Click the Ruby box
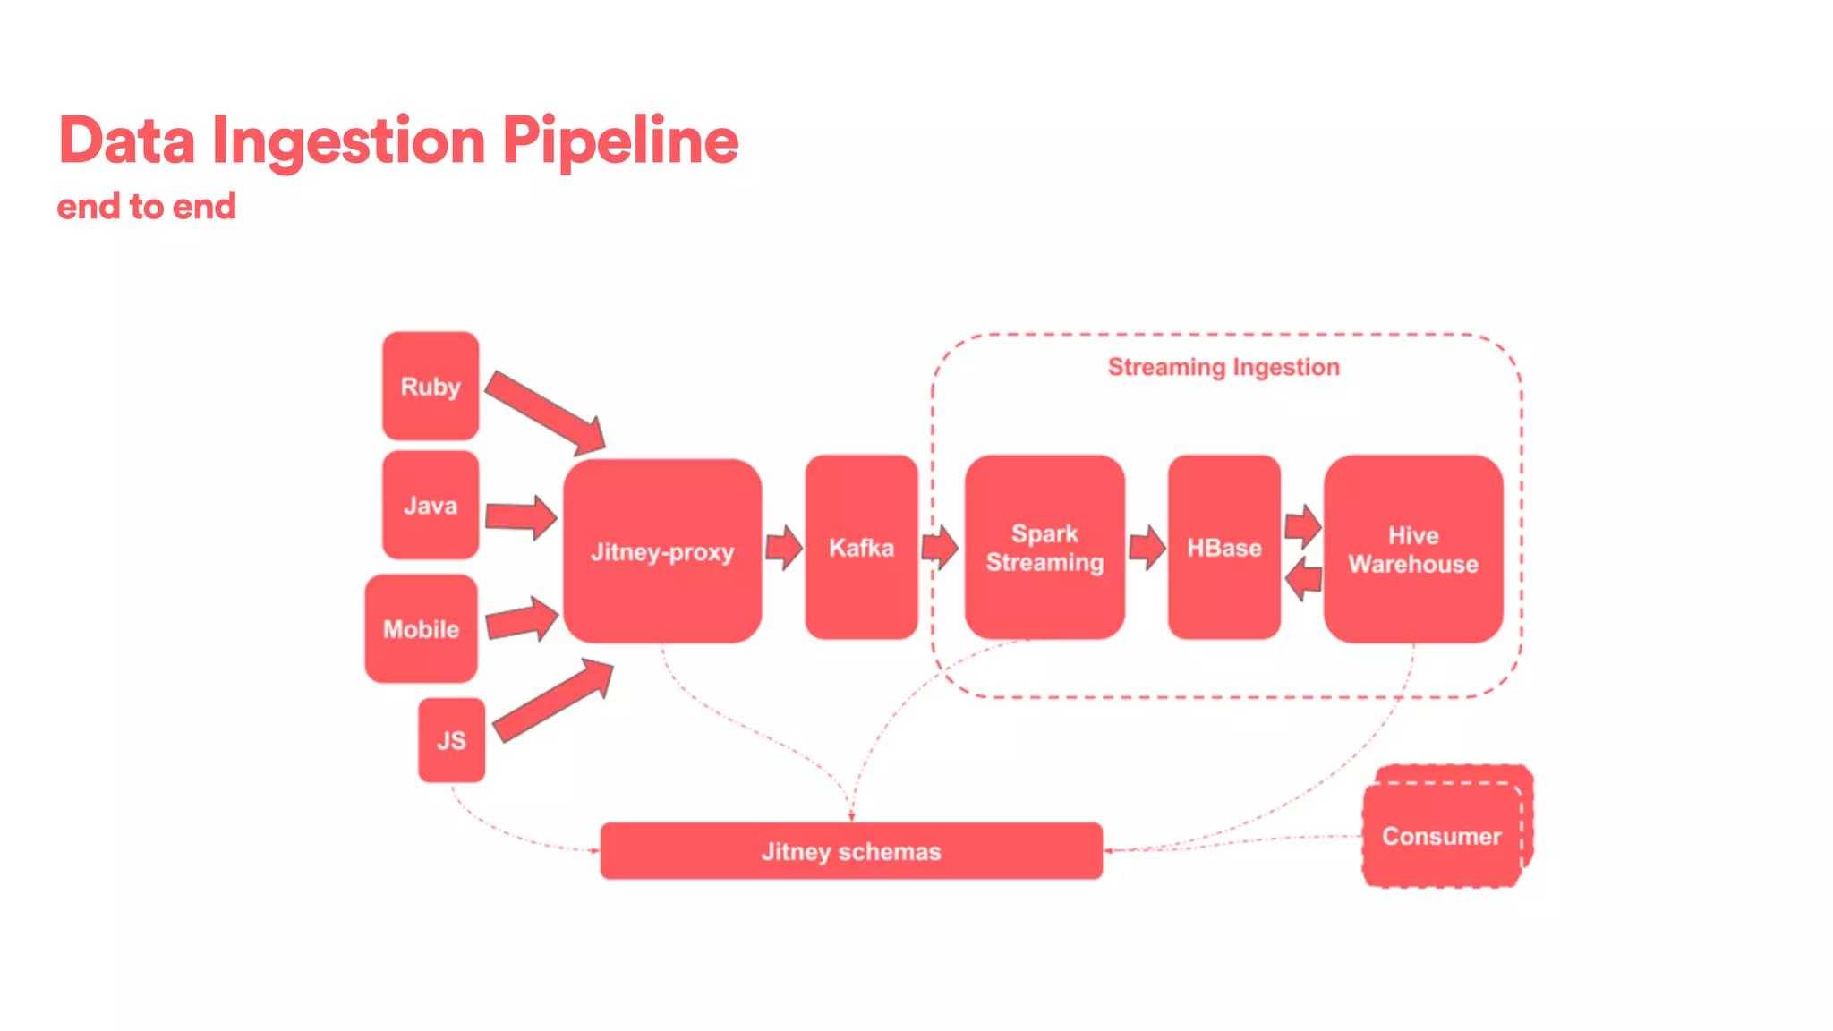(x=431, y=386)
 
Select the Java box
(x=431, y=505)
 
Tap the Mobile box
(x=421, y=628)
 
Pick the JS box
(x=451, y=739)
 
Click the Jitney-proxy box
(x=662, y=551)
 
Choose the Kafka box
(x=861, y=547)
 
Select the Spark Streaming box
(x=1044, y=547)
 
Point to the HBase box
(x=1223, y=547)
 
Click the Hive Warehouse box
(x=1412, y=549)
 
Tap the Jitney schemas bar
(x=851, y=850)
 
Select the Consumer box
(x=1441, y=835)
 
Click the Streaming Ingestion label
(x=1223, y=367)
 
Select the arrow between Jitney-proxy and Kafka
(x=783, y=547)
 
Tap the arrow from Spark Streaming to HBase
(x=1147, y=547)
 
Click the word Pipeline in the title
(x=619, y=141)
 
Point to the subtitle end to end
(x=147, y=207)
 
